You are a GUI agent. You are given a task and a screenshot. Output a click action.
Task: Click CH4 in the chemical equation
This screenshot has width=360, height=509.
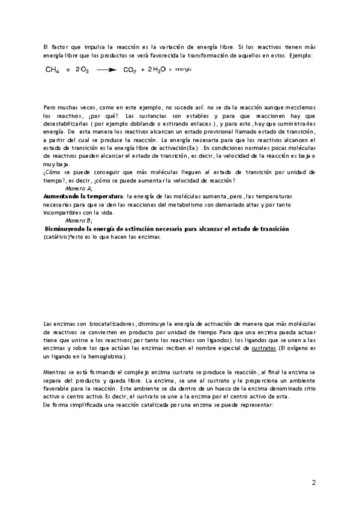[x=52, y=70]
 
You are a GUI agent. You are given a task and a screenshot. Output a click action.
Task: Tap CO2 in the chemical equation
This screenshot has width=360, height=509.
[x=130, y=70]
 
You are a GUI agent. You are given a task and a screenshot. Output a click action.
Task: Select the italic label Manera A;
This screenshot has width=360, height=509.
[x=78, y=188]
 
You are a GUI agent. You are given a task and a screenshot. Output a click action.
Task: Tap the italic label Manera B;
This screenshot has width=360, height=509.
[x=78, y=221]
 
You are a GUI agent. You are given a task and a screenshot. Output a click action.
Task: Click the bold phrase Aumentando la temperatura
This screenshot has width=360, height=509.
[x=83, y=196]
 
